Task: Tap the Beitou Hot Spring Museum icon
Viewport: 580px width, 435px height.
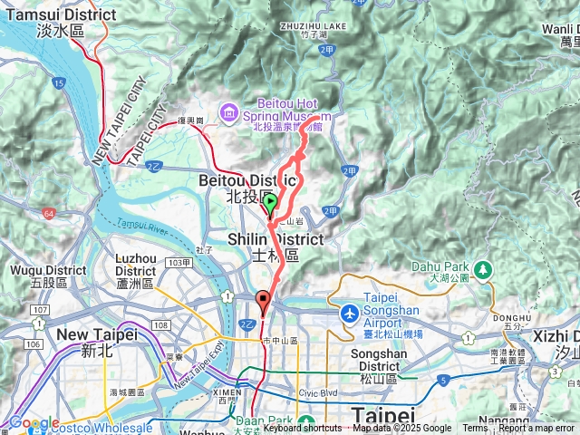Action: tap(228, 112)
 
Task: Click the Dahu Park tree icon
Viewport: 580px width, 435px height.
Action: tap(483, 269)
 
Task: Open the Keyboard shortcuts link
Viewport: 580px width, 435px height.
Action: tap(303, 429)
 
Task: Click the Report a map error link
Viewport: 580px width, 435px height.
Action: tap(536, 429)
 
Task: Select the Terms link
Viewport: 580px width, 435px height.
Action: tap(475, 429)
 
